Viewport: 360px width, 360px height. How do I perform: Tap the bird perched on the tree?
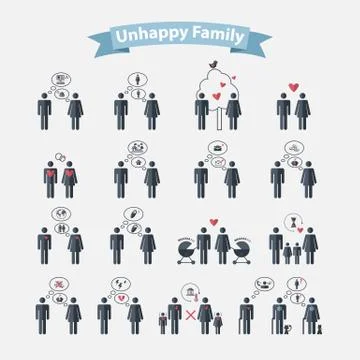(x=212, y=67)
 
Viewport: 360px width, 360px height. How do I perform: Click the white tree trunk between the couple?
(x=216, y=113)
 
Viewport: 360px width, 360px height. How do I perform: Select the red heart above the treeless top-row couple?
(x=293, y=86)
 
